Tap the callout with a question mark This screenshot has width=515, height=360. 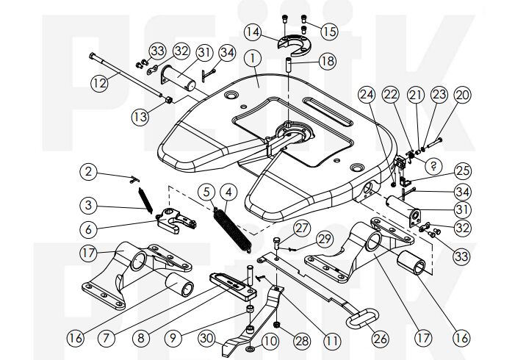[x=433, y=165]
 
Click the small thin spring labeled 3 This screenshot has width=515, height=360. [x=144, y=200]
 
